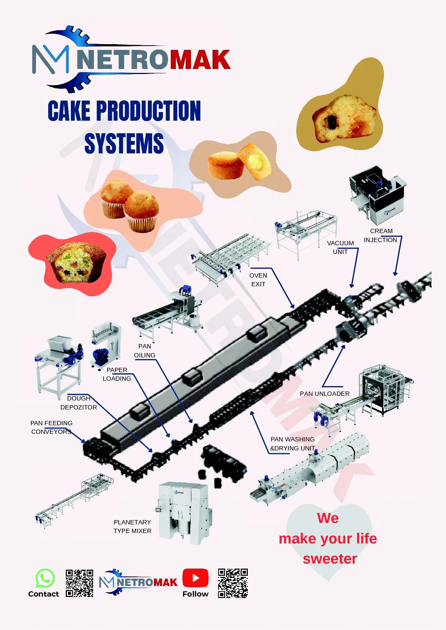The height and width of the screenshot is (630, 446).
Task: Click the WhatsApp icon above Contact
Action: (45, 578)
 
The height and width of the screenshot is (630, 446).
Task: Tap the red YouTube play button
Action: (195, 578)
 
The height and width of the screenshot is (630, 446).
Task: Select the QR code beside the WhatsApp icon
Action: (79, 583)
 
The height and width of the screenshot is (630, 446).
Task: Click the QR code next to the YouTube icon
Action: (233, 583)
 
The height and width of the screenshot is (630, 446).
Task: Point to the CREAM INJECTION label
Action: (381, 235)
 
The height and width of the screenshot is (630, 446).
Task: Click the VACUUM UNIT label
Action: (340, 247)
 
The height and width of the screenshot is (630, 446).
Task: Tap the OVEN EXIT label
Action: (258, 280)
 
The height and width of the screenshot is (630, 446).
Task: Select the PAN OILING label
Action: (145, 351)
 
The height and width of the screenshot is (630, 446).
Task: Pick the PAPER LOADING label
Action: (117, 374)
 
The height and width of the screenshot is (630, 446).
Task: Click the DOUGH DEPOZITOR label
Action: (78, 403)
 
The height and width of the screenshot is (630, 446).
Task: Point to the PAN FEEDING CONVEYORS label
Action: (51, 427)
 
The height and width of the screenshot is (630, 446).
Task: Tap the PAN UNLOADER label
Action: (324, 394)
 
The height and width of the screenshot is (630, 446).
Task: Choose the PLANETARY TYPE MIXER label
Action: (132, 526)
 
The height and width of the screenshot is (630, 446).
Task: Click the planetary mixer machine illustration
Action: (184, 513)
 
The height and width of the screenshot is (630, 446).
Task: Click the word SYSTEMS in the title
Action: (124, 143)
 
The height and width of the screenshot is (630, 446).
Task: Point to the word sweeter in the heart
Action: (330, 559)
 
